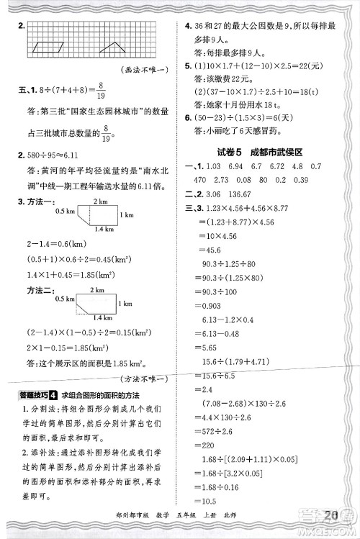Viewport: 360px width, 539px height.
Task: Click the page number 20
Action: click(x=332, y=517)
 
